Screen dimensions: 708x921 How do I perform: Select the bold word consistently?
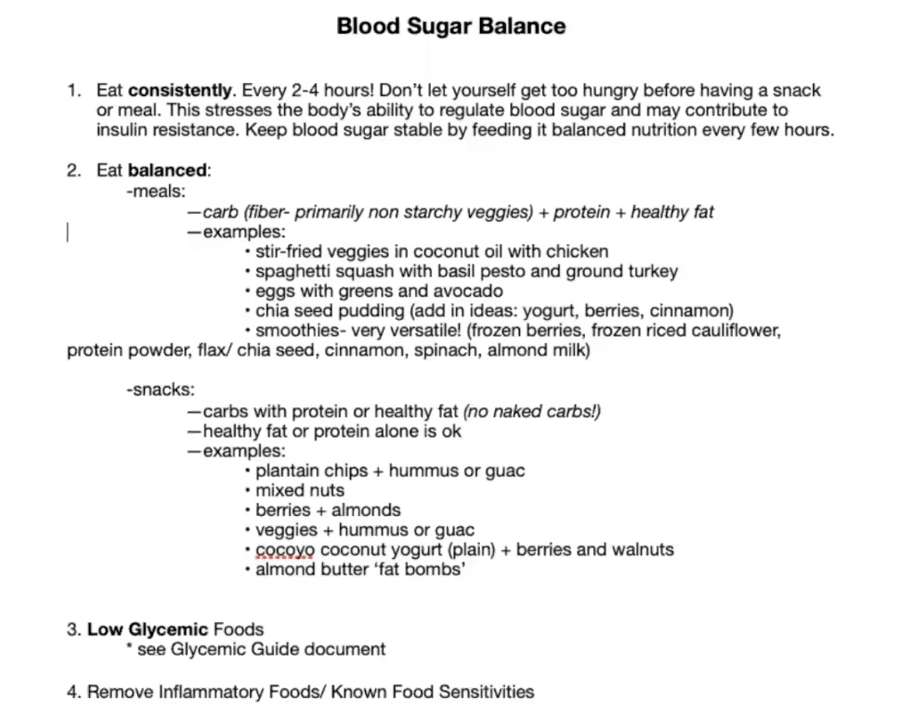[180, 90]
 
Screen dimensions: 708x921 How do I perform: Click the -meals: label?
[156, 191]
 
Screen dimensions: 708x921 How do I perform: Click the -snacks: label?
[160, 389]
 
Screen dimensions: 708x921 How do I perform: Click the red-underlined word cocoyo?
[285, 550]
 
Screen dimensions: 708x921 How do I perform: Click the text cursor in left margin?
[67, 233]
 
